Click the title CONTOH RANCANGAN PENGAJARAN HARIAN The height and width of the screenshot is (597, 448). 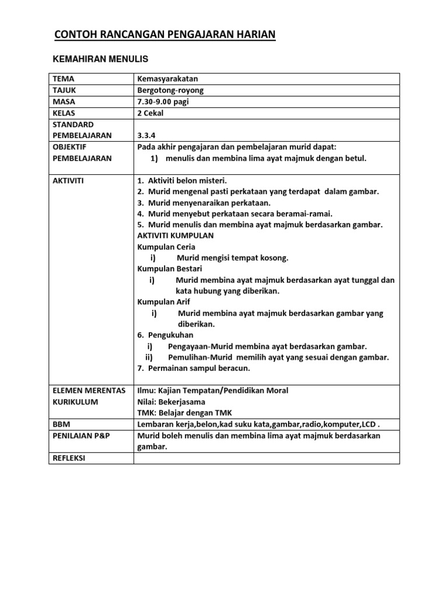coord(164,35)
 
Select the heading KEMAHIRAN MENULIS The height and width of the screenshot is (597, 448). coord(100,59)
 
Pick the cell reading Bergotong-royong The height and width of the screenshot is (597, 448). coord(170,90)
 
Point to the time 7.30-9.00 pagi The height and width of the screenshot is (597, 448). coord(163,101)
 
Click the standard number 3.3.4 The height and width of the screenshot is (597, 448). coord(147,136)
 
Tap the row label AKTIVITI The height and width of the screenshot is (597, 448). coord(68,181)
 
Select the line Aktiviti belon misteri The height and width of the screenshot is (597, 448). coord(182,181)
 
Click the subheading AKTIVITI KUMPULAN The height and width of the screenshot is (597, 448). coord(175,236)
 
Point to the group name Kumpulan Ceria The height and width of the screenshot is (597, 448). coord(166,247)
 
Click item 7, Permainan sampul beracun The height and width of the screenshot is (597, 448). coord(194,368)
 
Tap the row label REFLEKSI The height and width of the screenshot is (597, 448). coord(69,458)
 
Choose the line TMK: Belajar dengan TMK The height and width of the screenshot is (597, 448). coord(182,413)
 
